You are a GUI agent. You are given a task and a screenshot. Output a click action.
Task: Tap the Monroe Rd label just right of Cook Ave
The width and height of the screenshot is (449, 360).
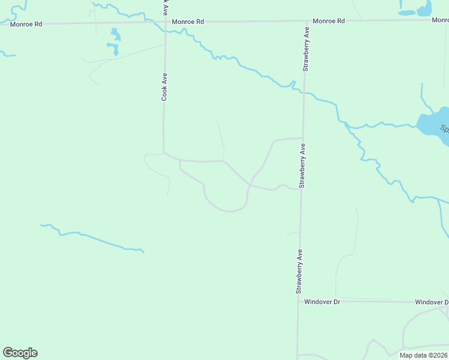188,22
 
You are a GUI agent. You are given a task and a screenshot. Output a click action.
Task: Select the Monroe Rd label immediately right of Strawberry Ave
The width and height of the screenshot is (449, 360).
329,21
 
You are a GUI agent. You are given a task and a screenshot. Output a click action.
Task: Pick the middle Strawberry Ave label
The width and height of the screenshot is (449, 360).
302,166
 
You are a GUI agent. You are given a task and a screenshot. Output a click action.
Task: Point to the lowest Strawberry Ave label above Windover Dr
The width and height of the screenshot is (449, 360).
298,271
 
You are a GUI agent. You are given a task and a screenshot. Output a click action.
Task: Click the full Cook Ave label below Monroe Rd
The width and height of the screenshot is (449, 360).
164,87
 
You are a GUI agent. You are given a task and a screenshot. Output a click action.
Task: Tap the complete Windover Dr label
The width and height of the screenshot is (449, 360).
322,302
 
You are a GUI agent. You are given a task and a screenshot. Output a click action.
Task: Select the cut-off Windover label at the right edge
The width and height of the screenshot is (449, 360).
432,302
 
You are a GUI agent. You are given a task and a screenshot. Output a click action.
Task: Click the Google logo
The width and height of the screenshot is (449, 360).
20,353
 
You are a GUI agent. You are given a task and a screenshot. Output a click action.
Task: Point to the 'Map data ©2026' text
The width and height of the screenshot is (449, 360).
423,355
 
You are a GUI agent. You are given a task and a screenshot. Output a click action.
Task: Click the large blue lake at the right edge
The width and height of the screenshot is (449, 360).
436,125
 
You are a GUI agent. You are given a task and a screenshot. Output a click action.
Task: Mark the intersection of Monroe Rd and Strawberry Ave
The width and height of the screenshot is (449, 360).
306,21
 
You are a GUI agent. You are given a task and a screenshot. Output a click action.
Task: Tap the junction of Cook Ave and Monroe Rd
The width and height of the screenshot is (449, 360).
164,22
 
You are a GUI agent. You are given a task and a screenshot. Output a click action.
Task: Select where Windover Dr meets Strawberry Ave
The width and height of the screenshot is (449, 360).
298,301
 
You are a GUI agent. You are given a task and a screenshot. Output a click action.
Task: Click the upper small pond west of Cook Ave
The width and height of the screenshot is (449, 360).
115,34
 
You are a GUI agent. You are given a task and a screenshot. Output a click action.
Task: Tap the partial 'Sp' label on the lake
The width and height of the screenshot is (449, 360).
445,129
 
